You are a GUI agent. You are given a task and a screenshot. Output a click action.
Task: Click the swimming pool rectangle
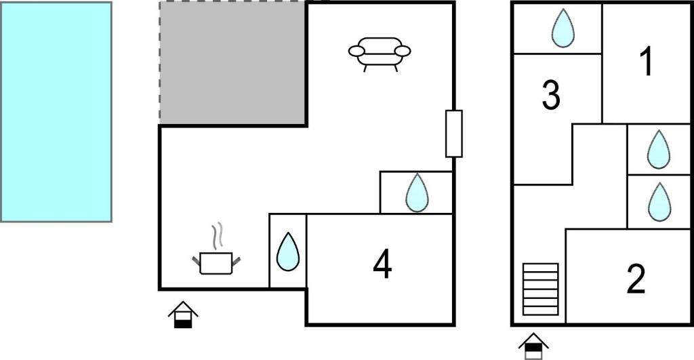[56, 112]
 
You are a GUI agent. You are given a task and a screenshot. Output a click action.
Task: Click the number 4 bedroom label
[382, 265]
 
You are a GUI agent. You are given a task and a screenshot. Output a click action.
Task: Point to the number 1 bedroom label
[647, 62]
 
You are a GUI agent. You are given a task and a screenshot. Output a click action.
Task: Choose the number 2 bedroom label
[636, 279]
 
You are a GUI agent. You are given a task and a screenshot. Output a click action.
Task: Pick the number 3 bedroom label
[551, 95]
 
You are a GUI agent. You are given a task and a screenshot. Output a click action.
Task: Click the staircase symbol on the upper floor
[540, 289]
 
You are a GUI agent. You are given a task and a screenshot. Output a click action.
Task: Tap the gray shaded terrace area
[232, 63]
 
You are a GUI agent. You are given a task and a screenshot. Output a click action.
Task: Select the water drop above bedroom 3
[563, 28]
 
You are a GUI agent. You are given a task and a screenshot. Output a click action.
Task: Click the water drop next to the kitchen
[287, 252]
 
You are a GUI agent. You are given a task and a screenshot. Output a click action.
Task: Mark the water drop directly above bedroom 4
[417, 193]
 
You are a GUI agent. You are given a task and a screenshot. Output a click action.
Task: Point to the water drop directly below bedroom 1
[659, 150]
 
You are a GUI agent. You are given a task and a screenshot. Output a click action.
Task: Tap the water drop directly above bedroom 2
[659, 202]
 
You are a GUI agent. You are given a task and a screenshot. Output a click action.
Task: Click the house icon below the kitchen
[183, 315]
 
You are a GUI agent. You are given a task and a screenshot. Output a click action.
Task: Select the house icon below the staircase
[534, 346]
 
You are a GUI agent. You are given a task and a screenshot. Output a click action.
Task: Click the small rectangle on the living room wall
[453, 134]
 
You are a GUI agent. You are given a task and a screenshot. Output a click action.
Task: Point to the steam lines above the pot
[216, 236]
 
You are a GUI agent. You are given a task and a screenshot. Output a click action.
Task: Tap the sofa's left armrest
[356, 52]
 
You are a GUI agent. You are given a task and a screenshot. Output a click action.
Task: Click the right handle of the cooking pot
[237, 261]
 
